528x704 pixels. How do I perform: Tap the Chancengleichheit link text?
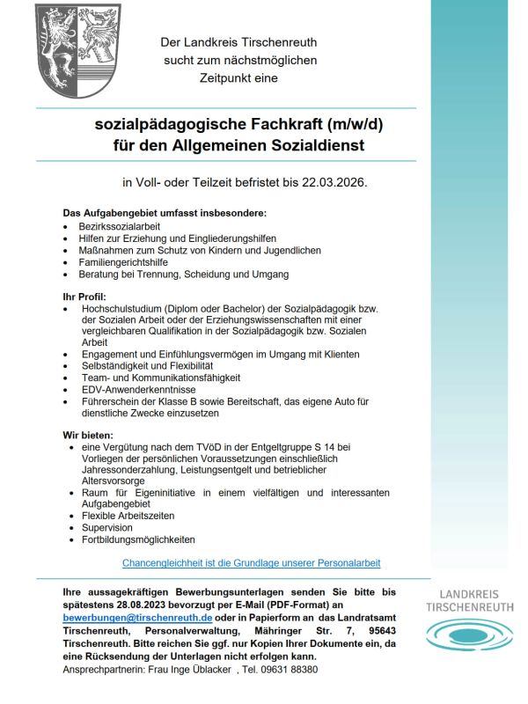[x=251, y=562]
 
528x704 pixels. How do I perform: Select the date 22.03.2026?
[x=332, y=183]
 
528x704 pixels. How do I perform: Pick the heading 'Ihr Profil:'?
[x=84, y=297]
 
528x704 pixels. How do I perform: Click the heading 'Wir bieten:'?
[x=88, y=435]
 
